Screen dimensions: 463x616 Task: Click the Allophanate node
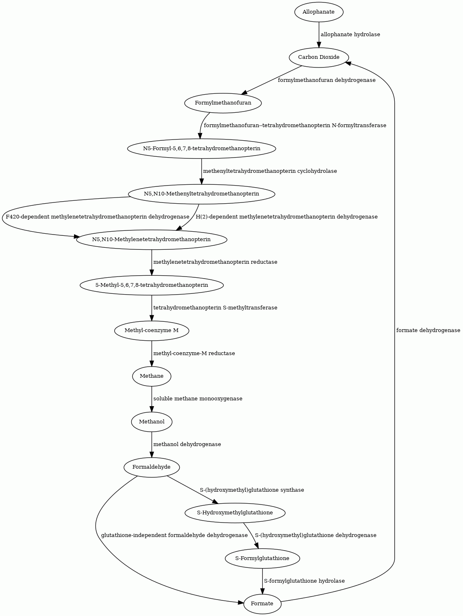point(319,12)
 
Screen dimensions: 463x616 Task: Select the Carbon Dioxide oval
point(319,58)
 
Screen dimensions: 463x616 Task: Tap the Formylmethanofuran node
point(223,103)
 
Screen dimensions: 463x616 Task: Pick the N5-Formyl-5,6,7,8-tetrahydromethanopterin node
point(201,149)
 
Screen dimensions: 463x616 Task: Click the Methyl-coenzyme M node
point(152,330)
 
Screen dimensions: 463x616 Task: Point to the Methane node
point(152,376)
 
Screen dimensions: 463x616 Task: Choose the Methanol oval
point(152,422)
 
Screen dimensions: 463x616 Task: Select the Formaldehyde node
point(152,467)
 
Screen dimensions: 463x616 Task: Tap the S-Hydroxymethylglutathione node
point(235,513)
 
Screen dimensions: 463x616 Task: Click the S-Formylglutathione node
point(262,558)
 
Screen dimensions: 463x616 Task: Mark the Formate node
point(262,604)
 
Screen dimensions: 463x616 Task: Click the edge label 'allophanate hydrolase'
point(350,35)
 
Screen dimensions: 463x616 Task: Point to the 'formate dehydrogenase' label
point(428,330)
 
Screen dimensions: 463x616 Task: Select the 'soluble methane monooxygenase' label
point(198,399)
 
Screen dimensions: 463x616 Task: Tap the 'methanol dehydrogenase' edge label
point(187,444)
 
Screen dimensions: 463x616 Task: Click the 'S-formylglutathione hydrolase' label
point(304,581)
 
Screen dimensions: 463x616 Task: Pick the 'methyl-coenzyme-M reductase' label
point(194,353)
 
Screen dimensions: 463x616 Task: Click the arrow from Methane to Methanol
point(152,399)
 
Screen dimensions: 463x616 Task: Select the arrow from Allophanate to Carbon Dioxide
point(319,35)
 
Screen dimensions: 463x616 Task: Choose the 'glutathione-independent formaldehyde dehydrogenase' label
point(174,535)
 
